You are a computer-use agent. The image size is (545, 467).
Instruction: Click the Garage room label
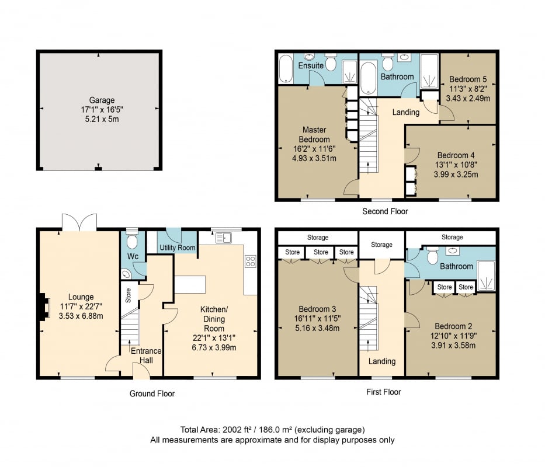(102, 100)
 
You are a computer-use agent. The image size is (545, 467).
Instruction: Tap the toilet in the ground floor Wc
(132, 239)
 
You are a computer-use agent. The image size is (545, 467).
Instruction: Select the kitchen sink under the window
(224, 238)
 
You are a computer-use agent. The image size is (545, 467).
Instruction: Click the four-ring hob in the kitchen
(250, 262)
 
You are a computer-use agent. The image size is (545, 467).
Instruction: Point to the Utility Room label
(177, 248)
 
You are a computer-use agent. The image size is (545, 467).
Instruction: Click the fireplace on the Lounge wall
(43, 306)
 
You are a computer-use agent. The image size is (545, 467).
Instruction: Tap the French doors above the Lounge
(79, 222)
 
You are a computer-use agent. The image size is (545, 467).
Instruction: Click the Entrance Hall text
(146, 356)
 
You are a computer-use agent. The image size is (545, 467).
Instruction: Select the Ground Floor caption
(152, 393)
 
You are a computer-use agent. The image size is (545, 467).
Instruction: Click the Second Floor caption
(385, 211)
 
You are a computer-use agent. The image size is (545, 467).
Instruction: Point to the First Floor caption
(384, 392)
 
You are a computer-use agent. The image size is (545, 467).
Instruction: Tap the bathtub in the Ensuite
(286, 69)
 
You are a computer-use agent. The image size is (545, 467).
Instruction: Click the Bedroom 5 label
(468, 79)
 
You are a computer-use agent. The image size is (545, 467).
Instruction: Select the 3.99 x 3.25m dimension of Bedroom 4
(456, 175)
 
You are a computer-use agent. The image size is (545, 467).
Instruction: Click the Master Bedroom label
(314, 134)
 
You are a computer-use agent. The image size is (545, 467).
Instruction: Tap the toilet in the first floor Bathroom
(432, 256)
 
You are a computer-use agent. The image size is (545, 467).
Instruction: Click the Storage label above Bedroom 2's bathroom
(452, 237)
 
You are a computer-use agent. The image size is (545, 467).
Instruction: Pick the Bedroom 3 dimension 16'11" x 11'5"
(317, 318)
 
